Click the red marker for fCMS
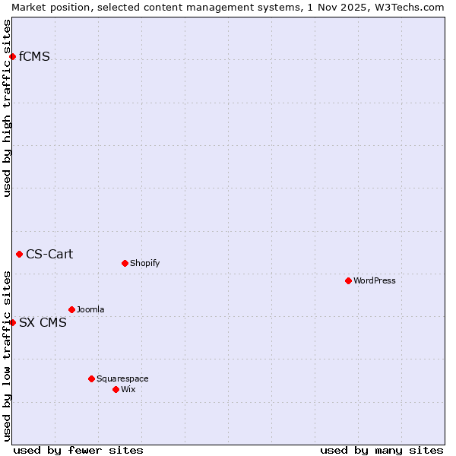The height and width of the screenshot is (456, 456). click(12, 56)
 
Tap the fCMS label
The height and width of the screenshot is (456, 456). click(34, 56)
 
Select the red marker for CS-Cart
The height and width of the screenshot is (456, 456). click(19, 254)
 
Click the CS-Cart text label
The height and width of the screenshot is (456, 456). click(49, 254)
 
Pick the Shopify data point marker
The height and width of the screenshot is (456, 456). click(125, 263)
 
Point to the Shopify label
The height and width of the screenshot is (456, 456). click(144, 263)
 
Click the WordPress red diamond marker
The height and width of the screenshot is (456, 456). click(348, 280)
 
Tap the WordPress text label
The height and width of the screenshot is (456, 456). click(374, 280)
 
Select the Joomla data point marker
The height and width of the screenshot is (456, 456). click(71, 309)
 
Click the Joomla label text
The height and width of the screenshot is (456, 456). click(90, 309)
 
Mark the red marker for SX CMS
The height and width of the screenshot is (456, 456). click(12, 322)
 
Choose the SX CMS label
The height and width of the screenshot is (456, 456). click(43, 322)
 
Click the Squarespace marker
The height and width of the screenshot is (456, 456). click(91, 378)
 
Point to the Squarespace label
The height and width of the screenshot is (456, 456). click(122, 378)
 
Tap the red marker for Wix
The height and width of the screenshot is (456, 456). click(116, 389)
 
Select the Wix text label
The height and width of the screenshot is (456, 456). click(128, 389)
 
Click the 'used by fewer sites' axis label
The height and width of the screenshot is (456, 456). click(78, 450)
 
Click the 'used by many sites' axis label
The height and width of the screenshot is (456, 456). click(382, 450)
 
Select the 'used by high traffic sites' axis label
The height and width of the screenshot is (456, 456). click(7, 108)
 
